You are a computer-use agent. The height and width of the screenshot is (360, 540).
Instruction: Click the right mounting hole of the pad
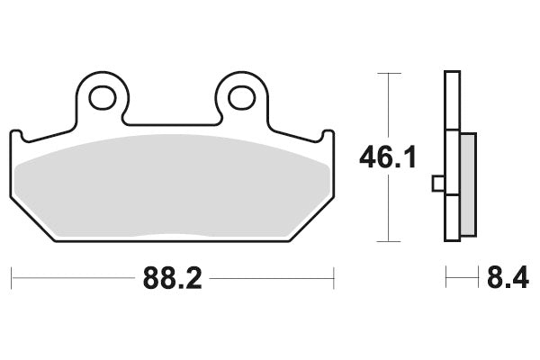pos(240,94)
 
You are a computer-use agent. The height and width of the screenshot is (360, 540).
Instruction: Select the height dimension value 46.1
pos(388,159)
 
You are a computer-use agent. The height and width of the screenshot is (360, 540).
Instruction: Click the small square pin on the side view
pos(438,184)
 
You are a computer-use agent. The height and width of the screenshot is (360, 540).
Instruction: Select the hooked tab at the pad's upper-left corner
pos(18,135)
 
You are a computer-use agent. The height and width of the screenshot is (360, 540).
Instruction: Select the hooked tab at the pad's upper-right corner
pos(327,135)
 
